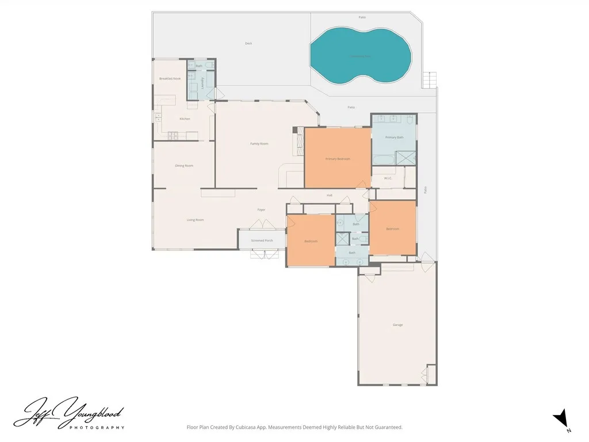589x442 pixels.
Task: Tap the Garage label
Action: (397, 325)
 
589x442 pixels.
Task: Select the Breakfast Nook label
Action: (170, 78)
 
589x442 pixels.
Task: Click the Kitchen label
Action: (185, 119)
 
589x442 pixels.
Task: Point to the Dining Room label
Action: (184, 166)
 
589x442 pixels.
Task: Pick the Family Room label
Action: (259, 143)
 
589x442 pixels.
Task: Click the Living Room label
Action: (196, 220)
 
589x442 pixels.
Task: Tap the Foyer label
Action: (261, 209)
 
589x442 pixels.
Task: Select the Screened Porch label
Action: (262, 240)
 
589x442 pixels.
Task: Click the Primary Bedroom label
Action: (338, 159)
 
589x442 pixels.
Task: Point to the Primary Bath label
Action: (395, 138)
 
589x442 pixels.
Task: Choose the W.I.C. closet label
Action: (388, 178)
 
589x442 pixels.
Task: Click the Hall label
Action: (330, 195)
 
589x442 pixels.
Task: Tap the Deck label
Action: (248, 43)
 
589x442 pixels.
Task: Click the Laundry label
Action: (202, 82)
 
